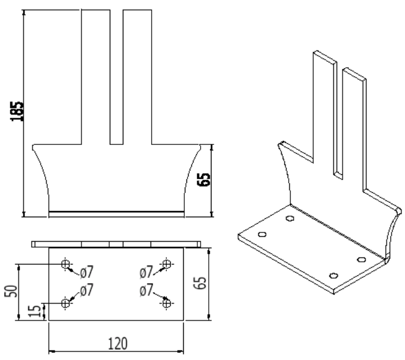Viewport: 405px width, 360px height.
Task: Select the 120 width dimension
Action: (117, 344)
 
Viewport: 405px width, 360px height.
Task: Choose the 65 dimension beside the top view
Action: (201, 283)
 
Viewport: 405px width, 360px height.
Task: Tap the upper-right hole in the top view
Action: (166, 264)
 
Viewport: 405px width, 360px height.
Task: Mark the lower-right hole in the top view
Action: (166, 303)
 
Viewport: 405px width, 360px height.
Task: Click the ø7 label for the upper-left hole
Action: (86, 271)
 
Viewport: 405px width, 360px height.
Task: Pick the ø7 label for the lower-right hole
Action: (147, 289)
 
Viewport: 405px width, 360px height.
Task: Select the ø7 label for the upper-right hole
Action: (147, 271)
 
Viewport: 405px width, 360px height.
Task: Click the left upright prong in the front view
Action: (96, 76)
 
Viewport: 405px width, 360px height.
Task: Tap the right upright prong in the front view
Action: (137, 76)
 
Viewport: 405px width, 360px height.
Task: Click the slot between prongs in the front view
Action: (116, 76)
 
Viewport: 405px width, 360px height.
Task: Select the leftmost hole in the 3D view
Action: (263, 235)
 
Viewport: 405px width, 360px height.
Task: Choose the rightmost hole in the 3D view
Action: (360, 258)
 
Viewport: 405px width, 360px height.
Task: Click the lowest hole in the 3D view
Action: (334, 275)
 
